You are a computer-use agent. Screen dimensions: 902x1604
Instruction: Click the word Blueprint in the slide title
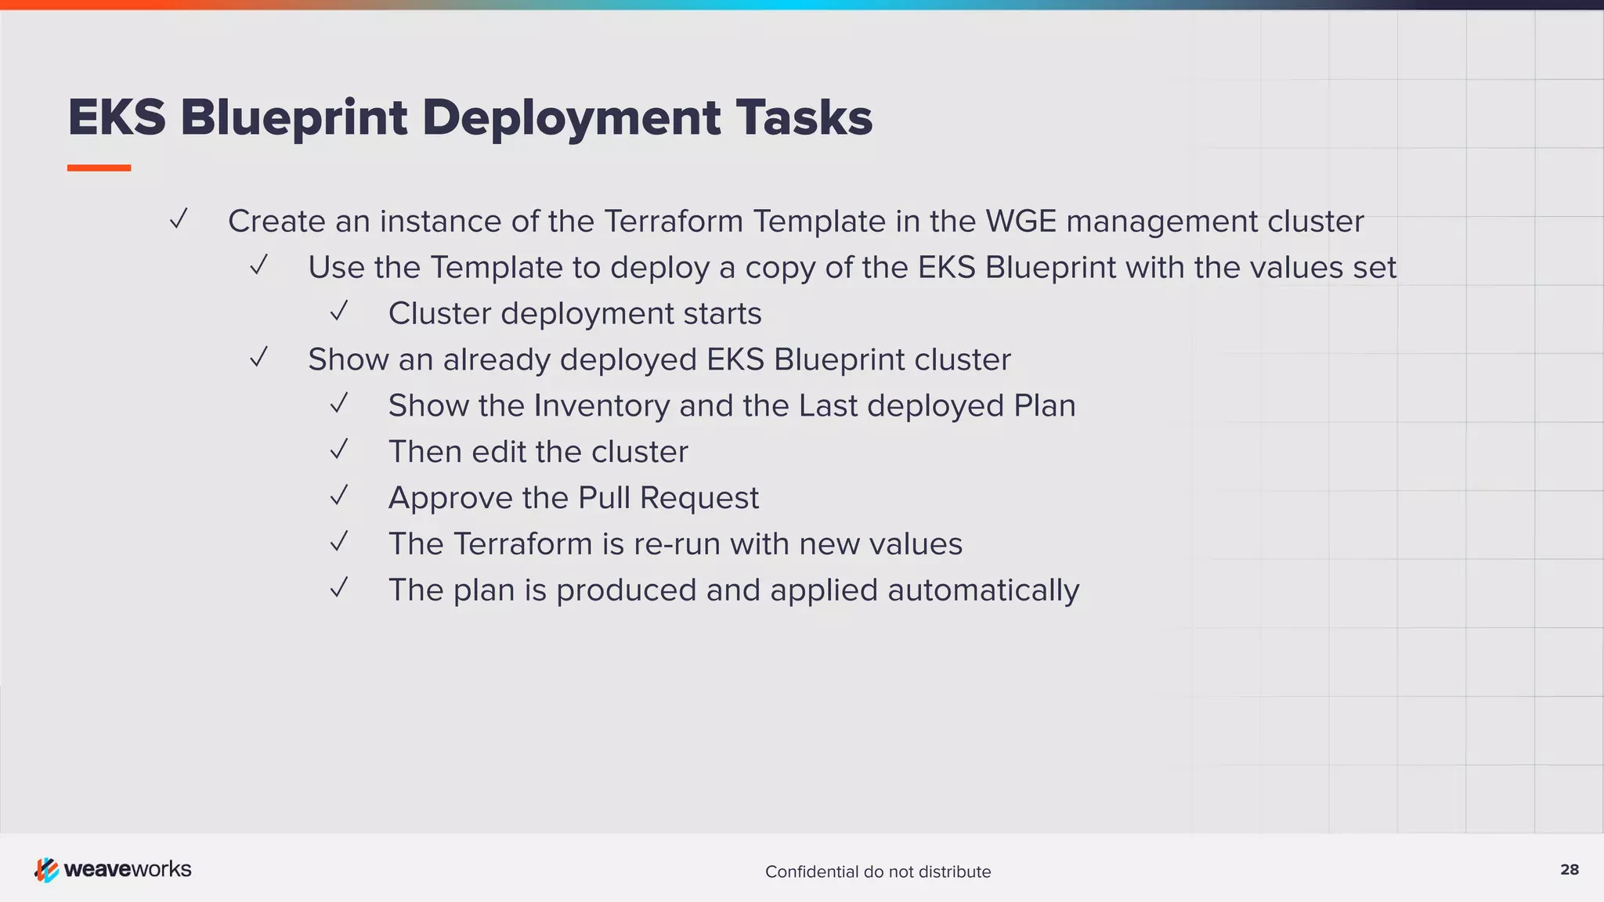pyautogui.click(x=294, y=118)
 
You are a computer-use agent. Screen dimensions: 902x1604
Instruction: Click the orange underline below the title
pyautogui.click(x=99, y=168)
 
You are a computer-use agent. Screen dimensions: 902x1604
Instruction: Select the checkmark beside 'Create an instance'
pyautogui.click(x=179, y=219)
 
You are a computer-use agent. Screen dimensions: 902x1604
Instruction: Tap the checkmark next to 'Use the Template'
pyautogui.click(x=258, y=265)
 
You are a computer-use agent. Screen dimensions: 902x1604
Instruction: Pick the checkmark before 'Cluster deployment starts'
pyautogui.click(x=338, y=312)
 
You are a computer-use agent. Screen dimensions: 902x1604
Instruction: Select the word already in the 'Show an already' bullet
pyautogui.click(x=497, y=360)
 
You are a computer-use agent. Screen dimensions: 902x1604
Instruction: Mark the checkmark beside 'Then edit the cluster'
pyautogui.click(x=338, y=450)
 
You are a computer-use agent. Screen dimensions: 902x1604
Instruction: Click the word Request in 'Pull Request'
pyautogui.click(x=699, y=499)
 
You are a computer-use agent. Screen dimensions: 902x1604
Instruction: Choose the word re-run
pyautogui.click(x=677, y=545)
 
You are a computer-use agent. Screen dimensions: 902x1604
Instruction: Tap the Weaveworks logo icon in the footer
pyautogui.click(x=46, y=870)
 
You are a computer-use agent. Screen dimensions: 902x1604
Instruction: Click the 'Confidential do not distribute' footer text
pyautogui.click(x=878, y=871)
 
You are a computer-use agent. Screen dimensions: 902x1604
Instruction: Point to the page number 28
pyautogui.click(x=1570, y=870)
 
